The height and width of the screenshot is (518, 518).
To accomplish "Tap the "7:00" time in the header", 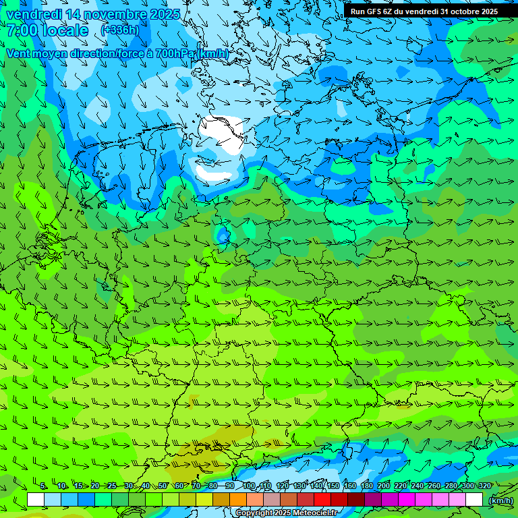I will point(22,30).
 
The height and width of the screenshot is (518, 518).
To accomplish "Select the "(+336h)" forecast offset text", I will point(120,30).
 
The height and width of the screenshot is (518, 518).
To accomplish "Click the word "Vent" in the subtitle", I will point(20,53).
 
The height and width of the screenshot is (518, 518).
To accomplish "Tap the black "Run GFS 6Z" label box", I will point(424,11).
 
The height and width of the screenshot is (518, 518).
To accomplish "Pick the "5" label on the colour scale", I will point(43,486).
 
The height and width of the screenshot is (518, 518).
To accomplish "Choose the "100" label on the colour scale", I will point(249,486).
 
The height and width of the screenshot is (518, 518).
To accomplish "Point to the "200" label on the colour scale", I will point(384,486).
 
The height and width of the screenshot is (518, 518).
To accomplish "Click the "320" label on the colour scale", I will point(485,486).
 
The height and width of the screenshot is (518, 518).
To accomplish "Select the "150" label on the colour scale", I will point(333,486).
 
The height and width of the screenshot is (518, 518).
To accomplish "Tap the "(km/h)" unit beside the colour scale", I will point(500,500).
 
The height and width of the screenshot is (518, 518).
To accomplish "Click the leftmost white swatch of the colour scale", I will point(36,500).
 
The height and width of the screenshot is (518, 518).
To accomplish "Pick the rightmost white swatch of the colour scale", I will point(474,500).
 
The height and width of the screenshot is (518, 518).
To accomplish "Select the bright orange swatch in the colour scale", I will point(238,500).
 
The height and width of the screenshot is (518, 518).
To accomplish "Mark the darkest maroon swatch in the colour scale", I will point(356,500).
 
